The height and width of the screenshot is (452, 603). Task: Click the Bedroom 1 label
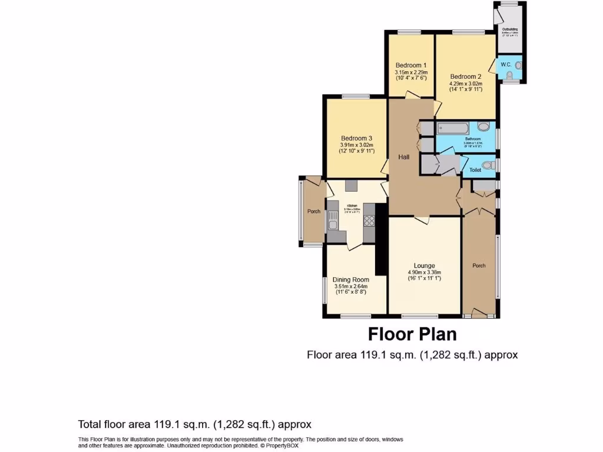coord(411,65)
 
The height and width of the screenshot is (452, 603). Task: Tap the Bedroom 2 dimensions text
coord(466,87)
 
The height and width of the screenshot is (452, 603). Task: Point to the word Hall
coord(404,157)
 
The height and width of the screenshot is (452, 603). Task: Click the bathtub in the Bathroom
coord(452,127)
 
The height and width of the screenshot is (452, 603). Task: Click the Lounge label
coord(424,266)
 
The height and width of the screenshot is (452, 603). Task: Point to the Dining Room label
coord(351,280)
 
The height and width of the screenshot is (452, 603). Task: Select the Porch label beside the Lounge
coord(479,265)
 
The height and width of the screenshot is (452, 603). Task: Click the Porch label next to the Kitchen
coord(314,211)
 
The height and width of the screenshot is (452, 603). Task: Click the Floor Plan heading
coord(412,334)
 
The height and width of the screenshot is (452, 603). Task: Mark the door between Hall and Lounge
coord(422,220)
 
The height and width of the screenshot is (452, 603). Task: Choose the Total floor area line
coord(194,424)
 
